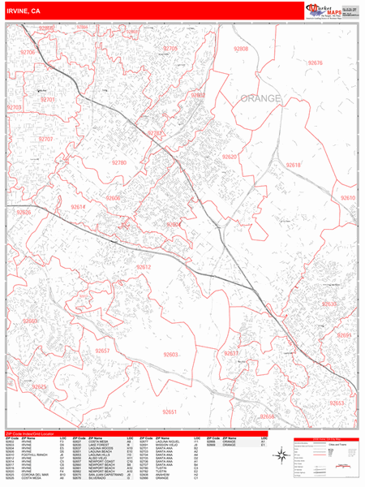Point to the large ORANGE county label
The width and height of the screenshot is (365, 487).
260,98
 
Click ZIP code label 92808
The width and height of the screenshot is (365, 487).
241,50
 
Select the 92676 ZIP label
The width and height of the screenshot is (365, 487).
316,63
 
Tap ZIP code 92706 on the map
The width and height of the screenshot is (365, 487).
28,52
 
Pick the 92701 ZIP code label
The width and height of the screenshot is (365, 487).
47,100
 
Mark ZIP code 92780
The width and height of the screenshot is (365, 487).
119,163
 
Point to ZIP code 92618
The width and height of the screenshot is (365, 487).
294,165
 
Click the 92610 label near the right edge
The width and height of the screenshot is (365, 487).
347,198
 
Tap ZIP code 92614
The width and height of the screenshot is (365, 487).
78,207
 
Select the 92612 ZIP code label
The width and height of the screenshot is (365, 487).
144,267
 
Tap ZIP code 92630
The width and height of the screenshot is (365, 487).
329,304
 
